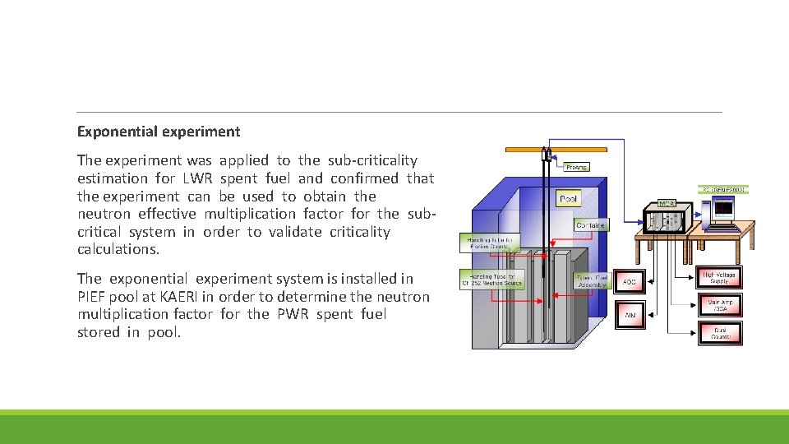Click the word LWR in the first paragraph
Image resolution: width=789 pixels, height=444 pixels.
(x=197, y=178)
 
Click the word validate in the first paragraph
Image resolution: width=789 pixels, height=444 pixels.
(x=293, y=232)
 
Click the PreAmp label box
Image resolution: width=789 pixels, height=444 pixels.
(x=577, y=167)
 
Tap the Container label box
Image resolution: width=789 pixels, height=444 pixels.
(x=590, y=224)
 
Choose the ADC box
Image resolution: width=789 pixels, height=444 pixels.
(x=630, y=282)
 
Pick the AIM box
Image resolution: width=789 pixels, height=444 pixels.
(x=630, y=314)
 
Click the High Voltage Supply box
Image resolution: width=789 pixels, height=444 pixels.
(x=719, y=278)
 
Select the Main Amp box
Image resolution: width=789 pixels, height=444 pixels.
(x=719, y=305)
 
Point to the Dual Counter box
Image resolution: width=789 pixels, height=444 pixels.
(x=719, y=332)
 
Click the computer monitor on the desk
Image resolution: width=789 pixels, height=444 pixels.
(x=722, y=211)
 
